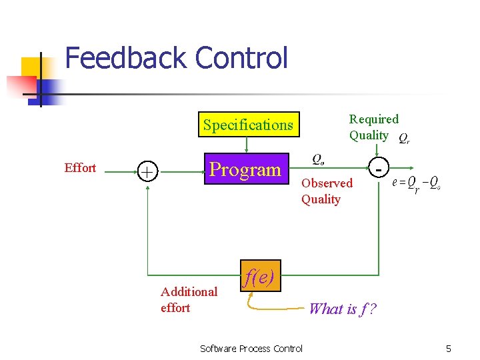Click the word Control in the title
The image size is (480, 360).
[241, 58]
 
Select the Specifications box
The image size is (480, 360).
[248, 125]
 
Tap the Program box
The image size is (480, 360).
[245, 169]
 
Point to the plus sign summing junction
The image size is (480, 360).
[146, 171]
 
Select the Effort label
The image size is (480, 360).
[80, 168]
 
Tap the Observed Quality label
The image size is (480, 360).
[326, 191]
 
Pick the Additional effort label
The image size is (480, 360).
[189, 299]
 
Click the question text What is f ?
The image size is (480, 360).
[343, 308]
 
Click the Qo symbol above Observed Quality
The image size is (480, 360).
[319, 159]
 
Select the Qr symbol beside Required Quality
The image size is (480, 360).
[404, 139]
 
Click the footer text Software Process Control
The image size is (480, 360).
[251, 348]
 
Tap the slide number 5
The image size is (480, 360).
[449, 348]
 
